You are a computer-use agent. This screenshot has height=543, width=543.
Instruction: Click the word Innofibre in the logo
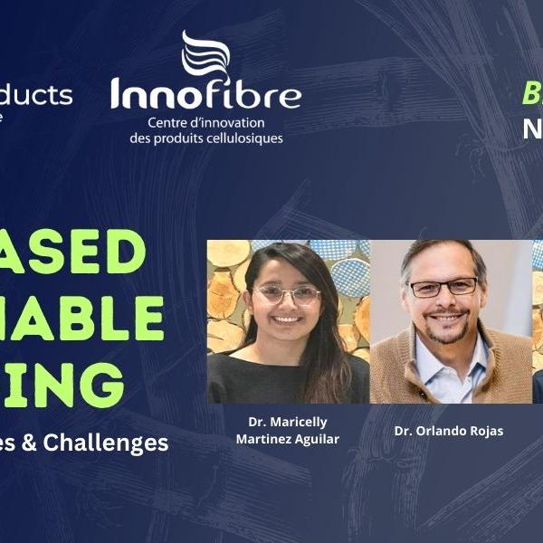tap(205, 93)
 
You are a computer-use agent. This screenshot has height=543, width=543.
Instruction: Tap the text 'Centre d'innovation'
tap(205, 122)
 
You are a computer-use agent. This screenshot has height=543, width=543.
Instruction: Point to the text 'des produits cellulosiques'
tap(205, 138)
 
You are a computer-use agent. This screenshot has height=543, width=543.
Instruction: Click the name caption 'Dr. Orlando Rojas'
tap(449, 431)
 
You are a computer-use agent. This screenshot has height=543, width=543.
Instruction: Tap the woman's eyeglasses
tap(287, 295)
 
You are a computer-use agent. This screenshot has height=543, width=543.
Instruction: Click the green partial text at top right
tap(532, 93)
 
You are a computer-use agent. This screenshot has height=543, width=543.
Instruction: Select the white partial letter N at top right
tap(533, 129)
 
